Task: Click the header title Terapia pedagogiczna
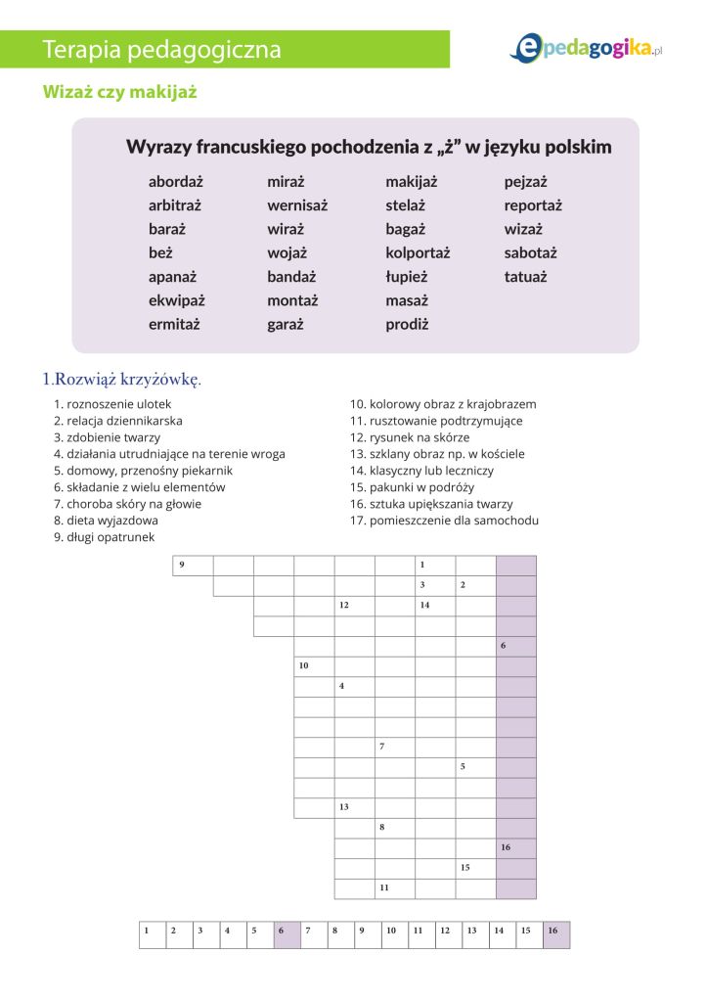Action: tap(162, 49)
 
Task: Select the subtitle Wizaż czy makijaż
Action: tap(120, 93)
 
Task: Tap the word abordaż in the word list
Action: tap(176, 182)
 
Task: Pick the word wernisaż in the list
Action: tap(297, 205)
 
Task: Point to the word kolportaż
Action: tap(418, 252)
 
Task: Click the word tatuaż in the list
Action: tap(526, 277)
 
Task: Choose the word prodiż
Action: tap(407, 324)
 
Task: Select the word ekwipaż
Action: tap(177, 300)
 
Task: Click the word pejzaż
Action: tap(526, 182)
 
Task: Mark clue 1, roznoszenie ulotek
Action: tap(112, 404)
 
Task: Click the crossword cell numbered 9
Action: tap(193, 566)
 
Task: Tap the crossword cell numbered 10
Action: tap(314, 667)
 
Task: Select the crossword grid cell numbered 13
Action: tap(354, 808)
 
